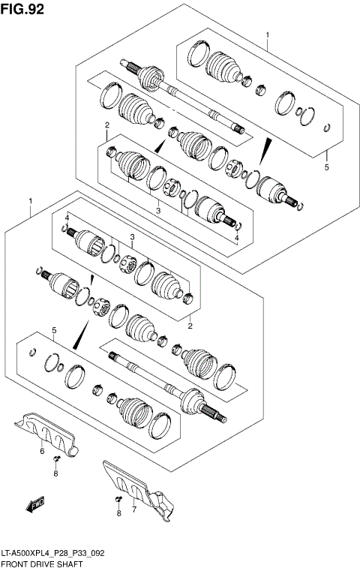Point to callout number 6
(41, 452)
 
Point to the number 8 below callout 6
(55, 473)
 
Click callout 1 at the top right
(267, 35)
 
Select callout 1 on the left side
(30, 202)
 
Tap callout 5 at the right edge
(327, 168)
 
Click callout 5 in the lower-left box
(53, 331)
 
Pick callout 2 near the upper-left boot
(107, 125)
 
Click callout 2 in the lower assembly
(190, 326)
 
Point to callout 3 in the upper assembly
(158, 211)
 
